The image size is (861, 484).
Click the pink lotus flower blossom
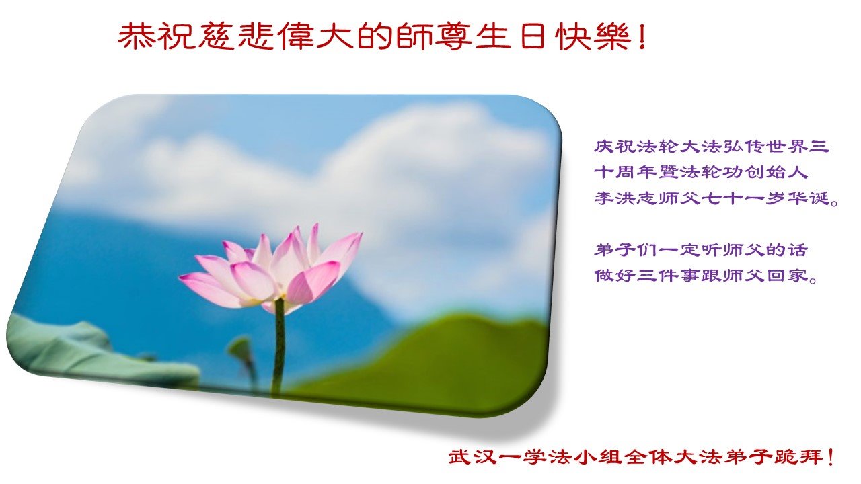[x=271, y=269]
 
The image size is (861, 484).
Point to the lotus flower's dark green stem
[x=278, y=346]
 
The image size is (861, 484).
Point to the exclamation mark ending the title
[x=642, y=37]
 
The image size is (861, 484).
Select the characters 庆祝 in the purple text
[x=615, y=147]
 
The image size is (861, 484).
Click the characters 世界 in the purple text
[x=786, y=147]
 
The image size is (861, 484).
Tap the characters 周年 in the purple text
[x=636, y=172]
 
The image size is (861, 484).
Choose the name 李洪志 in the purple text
[x=626, y=198]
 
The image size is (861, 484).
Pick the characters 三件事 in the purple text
[x=668, y=276]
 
